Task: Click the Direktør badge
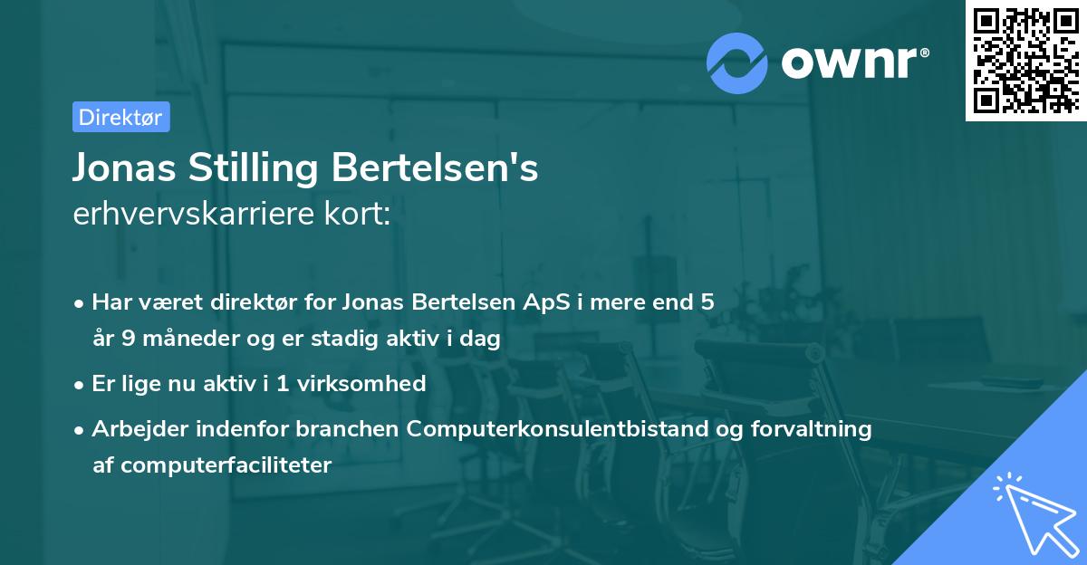(x=120, y=117)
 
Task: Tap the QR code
(x=1024, y=61)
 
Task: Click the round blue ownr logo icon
(x=736, y=62)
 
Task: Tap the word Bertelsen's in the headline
(x=436, y=168)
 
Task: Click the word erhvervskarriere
(x=188, y=215)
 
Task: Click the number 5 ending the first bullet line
(x=707, y=302)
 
